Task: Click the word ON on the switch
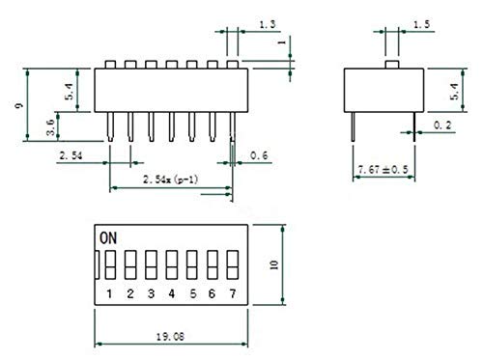108,238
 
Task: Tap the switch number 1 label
109,293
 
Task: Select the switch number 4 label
172,293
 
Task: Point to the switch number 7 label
233,293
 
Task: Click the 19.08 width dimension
170,337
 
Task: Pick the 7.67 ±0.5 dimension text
383,170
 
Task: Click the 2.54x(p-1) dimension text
170,180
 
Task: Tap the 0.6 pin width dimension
259,155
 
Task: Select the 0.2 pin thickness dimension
442,125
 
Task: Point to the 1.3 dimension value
268,24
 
